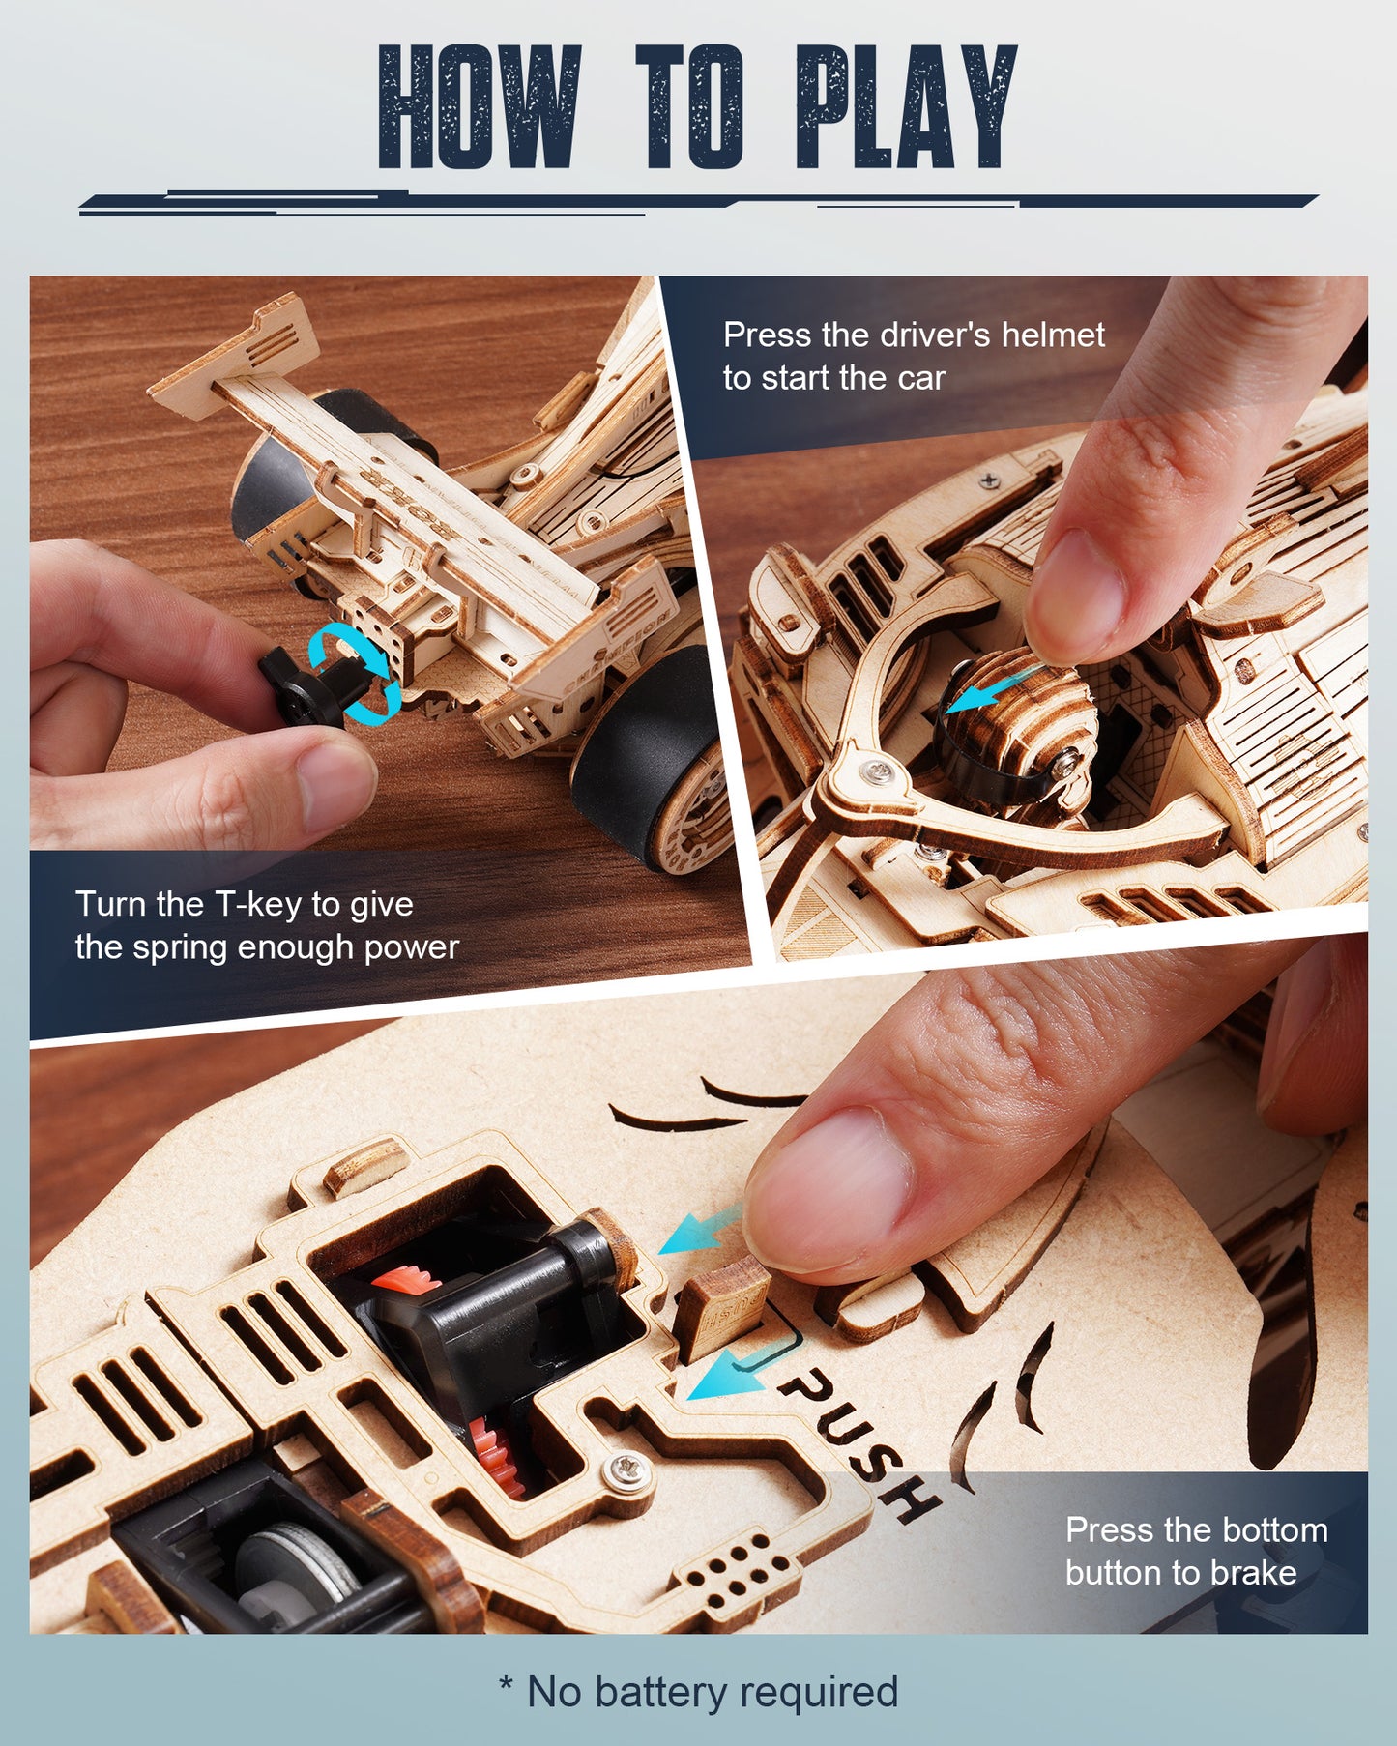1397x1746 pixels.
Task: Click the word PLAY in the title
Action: [x=905, y=108]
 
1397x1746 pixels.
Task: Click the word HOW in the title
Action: [x=480, y=108]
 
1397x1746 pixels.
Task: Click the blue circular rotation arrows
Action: [x=355, y=672]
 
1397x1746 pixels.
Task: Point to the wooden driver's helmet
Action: [x=1025, y=715]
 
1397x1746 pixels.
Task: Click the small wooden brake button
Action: [x=723, y=1305]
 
